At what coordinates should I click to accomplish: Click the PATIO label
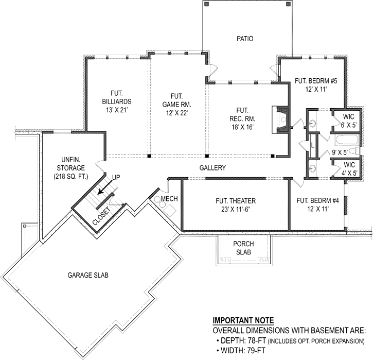pyautogui.click(x=245, y=39)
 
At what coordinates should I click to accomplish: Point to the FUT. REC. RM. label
pyautogui.click(x=243, y=118)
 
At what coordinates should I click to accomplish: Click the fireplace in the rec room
pyautogui.click(x=282, y=121)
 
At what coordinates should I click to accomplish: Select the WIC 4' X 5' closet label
pyautogui.click(x=350, y=168)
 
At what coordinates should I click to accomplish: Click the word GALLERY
pyautogui.click(x=214, y=168)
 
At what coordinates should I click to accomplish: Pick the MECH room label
pyautogui.click(x=169, y=198)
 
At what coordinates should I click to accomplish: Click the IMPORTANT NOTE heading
pyautogui.click(x=243, y=320)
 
